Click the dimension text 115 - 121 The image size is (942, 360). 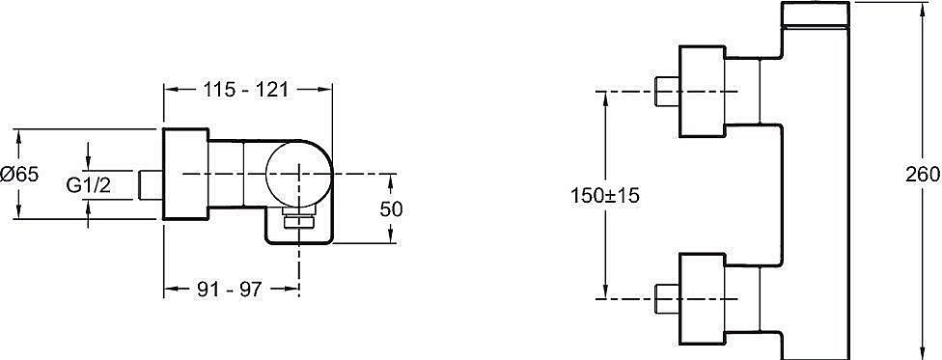point(246,89)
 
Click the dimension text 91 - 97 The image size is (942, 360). point(230,289)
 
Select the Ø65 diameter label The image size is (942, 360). point(20,175)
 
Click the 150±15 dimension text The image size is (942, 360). point(605,195)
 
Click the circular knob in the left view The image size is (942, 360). point(296,175)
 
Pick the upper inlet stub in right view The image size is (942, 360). point(667,92)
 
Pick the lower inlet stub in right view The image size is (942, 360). point(667,300)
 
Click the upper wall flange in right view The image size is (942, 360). point(703,92)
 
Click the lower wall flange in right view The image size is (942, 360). point(703,300)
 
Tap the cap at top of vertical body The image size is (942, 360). point(819,14)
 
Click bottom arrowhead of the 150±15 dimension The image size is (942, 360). point(605,294)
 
